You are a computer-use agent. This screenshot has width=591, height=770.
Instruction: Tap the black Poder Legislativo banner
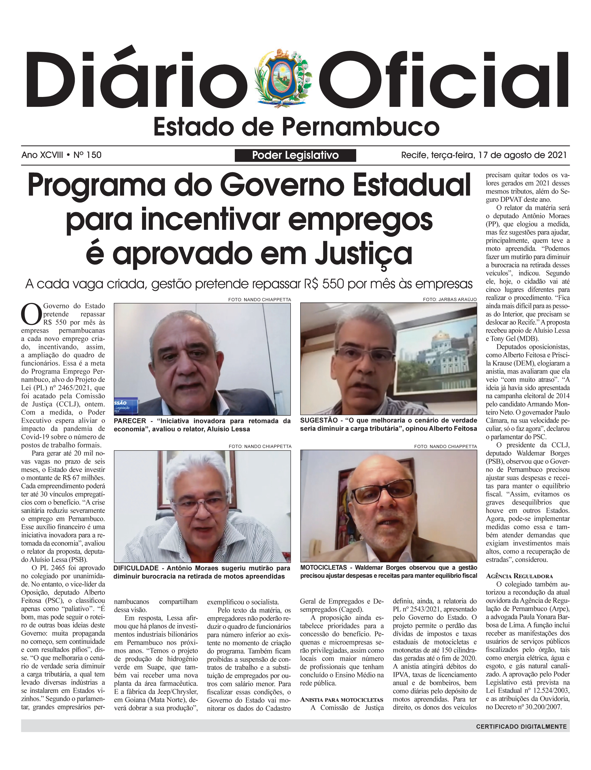(x=295, y=155)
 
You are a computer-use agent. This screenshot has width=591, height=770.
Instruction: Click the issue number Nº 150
(x=87, y=155)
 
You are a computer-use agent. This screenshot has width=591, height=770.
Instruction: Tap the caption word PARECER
(x=130, y=421)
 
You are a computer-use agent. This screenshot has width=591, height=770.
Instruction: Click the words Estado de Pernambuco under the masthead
(x=296, y=127)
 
